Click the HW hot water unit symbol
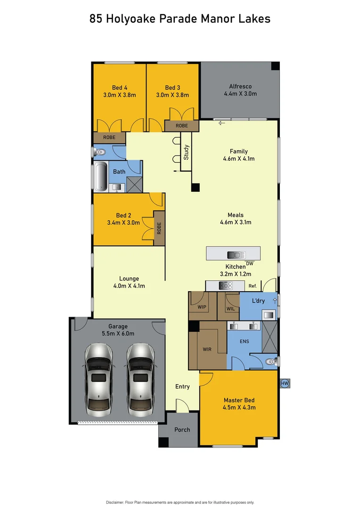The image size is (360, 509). pyautogui.click(x=285, y=384)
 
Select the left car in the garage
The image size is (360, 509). pyautogui.click(x=99, y=377)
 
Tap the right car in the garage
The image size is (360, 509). pyautogui.click(x=140, y=377)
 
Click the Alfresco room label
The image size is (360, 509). pyautogui.click(x=240, y=86)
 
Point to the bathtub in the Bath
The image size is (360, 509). pyautogui.click(x=100, y=177)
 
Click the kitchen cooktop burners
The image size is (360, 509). pyautogui.click(x=227, y=286)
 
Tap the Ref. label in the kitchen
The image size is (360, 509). pyautogui.click(x=253, y=286)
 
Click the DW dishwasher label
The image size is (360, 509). pyautogui.click(x=250, y=263)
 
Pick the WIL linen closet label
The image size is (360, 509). pyautogui.click(x=230, y=309)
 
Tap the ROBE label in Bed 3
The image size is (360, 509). pyautogui.click(x=181, y=126)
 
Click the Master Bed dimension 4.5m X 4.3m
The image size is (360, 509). pyautogui.click(x=239, y=407)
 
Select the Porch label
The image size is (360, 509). pyautogui.click(x=182, y=429)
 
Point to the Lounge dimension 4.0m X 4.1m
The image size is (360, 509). pyautogui.click(x=129, y=286)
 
